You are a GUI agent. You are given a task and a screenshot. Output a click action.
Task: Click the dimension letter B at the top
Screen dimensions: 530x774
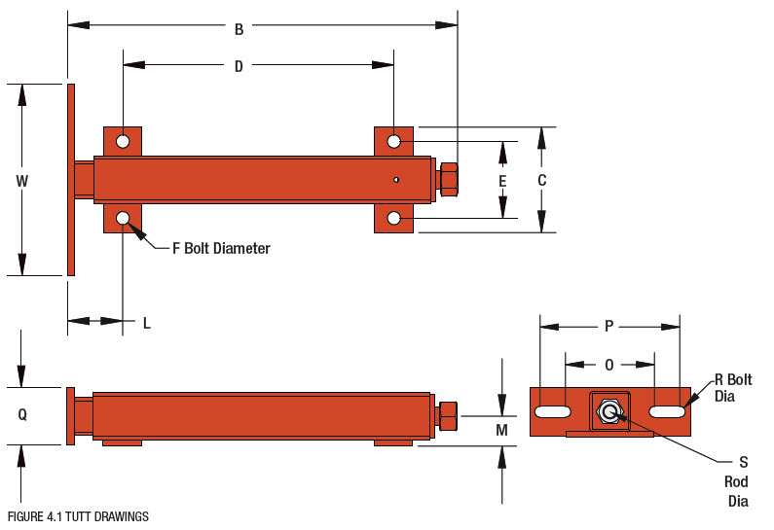pos(239,29)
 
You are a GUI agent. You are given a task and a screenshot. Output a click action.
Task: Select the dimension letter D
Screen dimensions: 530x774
pos(239,66)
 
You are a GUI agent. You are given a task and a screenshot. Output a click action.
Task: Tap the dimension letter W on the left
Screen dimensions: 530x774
pos(22,181)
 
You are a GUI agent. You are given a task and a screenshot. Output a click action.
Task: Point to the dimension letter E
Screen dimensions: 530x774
pos(502,181)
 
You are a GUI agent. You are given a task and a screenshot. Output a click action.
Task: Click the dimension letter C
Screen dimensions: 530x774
pos(542,181)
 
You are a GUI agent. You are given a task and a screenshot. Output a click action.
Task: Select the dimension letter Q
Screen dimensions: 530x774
pos(22,414)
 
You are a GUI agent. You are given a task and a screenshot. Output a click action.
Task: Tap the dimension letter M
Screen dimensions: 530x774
pos(501,430)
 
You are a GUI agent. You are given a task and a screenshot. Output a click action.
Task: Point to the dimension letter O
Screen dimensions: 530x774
pos(609,365)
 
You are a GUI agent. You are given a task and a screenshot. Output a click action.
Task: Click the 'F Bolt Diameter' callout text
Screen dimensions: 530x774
pos(221,249)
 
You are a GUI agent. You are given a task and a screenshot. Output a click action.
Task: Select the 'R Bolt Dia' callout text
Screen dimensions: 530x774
pos(732,387)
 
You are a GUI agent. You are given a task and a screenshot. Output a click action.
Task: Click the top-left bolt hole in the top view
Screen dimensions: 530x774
pos(123,142)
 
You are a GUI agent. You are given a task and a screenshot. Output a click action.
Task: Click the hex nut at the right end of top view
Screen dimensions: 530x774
pos(448,180)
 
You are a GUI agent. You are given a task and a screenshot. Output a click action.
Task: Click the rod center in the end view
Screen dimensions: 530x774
pos(609,412)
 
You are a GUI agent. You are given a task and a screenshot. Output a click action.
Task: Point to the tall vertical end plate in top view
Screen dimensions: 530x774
pos(71,180)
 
